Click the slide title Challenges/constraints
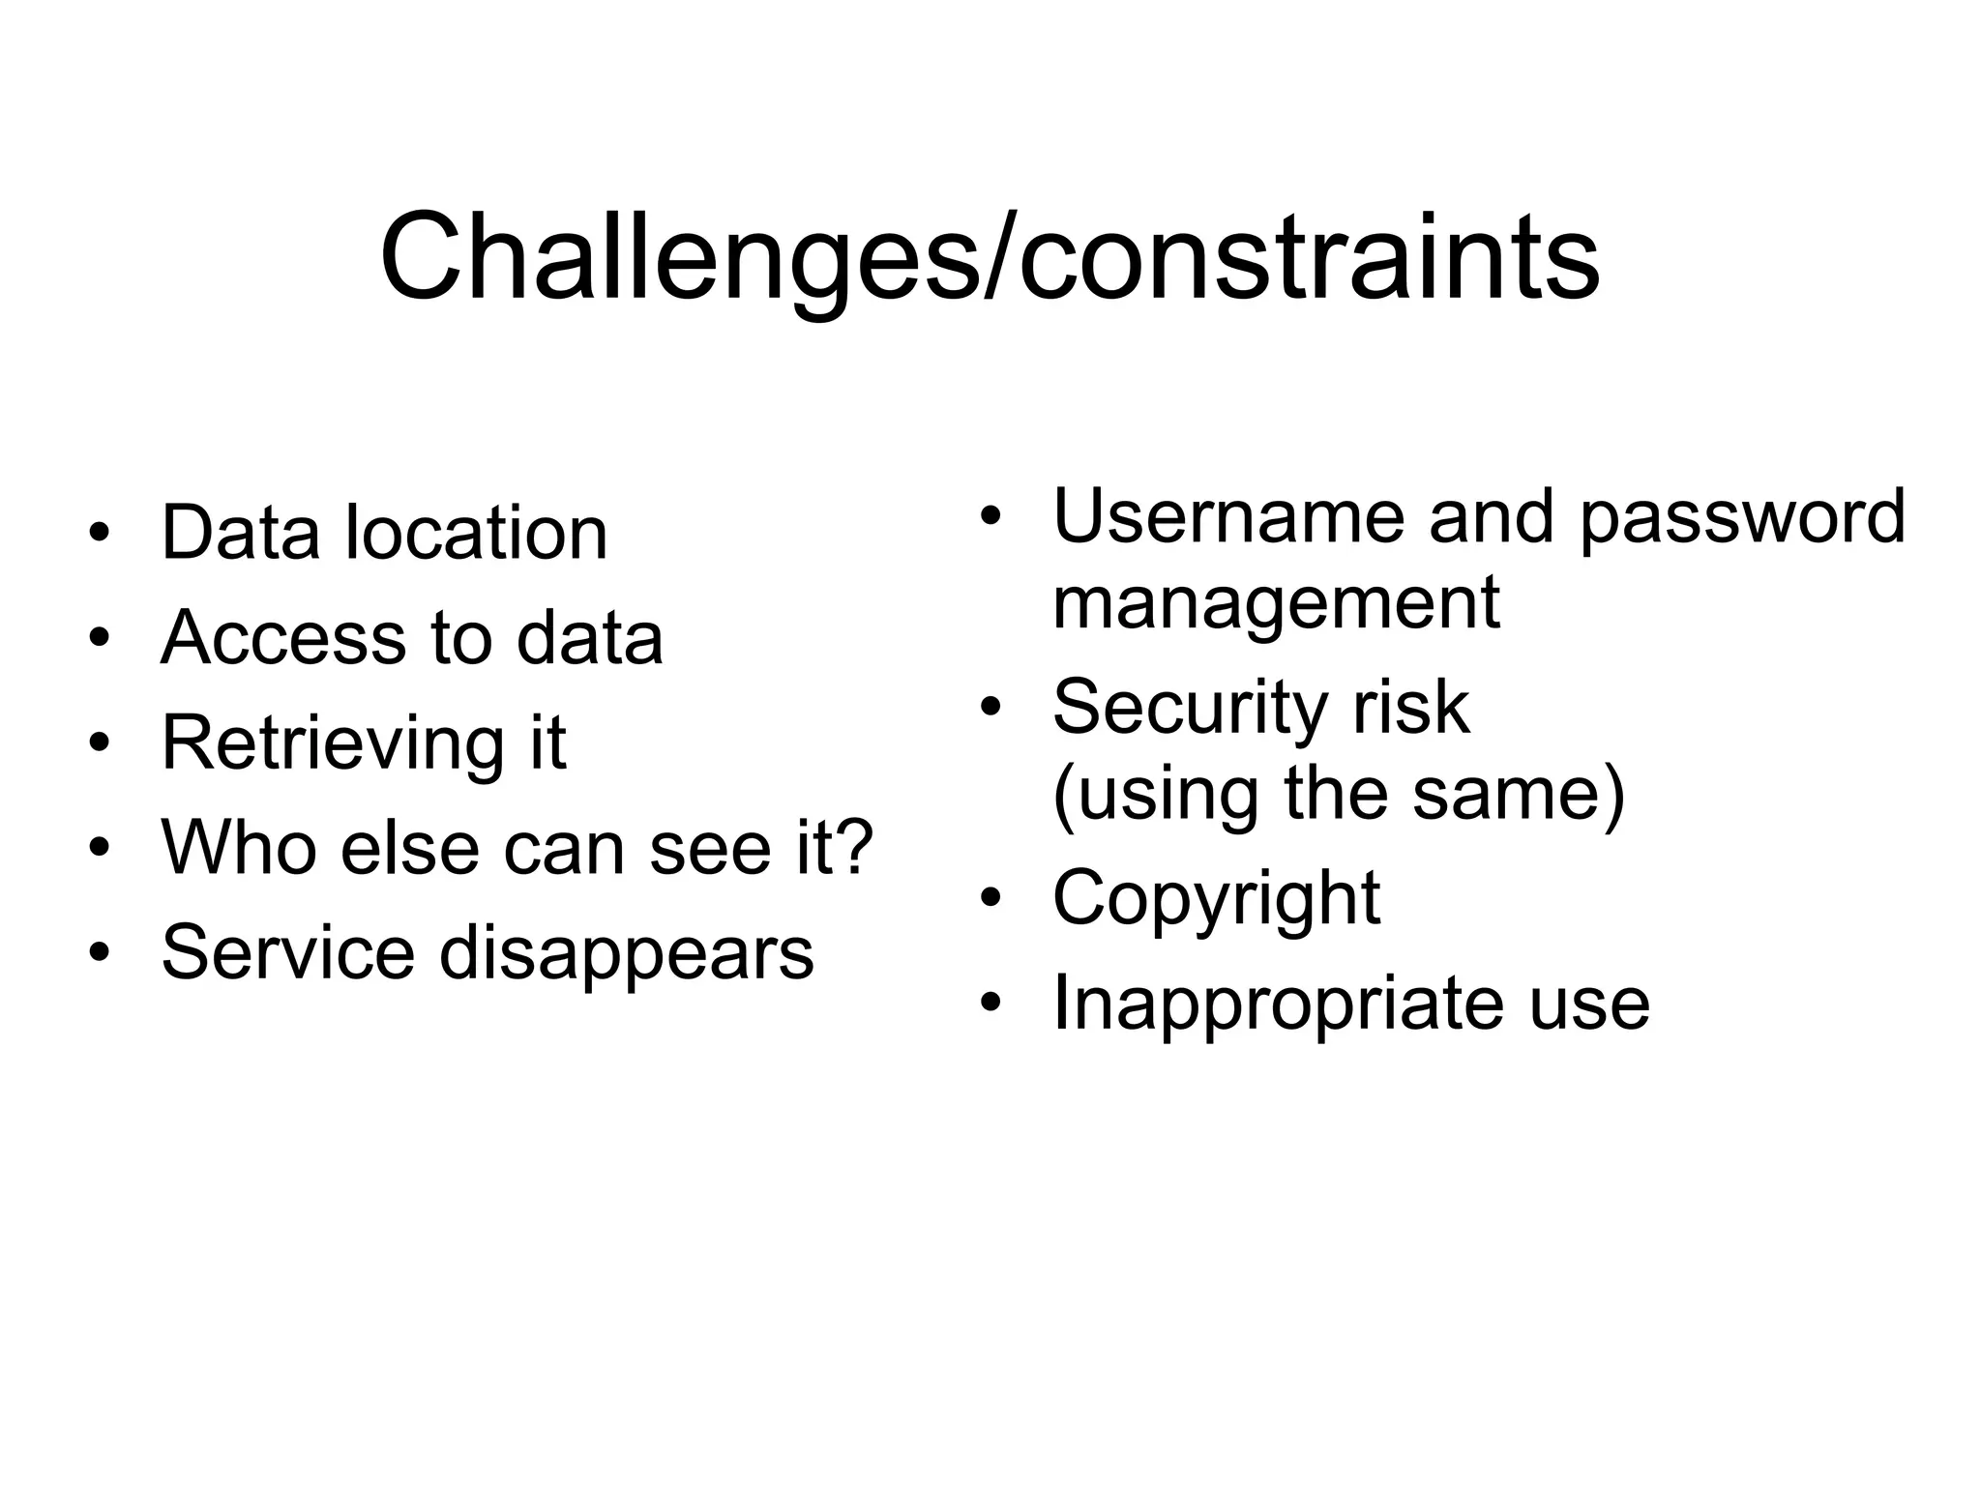[990, 259]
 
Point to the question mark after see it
[853, 848]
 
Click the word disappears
[626, 953]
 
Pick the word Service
[287, 953]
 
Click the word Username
[1228, 516]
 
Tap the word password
[1741, 516]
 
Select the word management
[1275, 602]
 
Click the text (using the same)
[1338, 794]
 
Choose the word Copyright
[1215, 899]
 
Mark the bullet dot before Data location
[99, 535]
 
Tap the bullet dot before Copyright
[989, 899]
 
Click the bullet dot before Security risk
[989, 709]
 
